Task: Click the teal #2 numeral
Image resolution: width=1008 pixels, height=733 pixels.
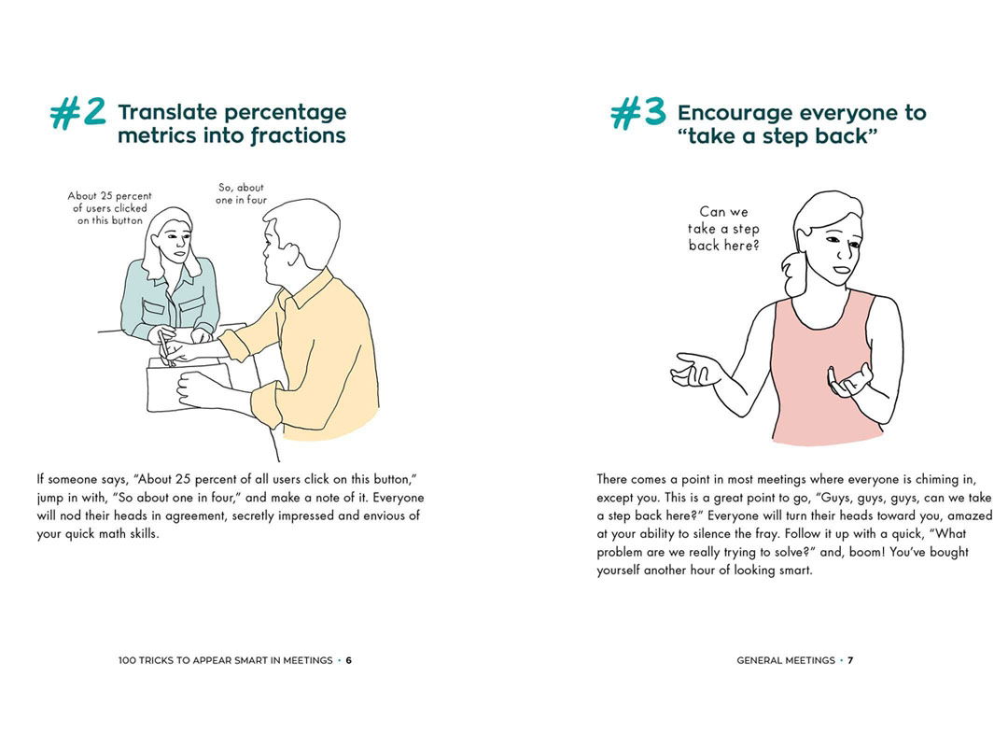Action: pos(77,114)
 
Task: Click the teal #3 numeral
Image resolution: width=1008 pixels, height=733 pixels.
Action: pos(637,114)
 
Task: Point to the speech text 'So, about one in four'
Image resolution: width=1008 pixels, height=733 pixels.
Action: pos(241,193)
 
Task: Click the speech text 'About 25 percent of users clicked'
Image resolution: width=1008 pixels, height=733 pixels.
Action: pos(110,202)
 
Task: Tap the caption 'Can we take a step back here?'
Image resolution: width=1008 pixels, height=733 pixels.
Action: pos(724,228)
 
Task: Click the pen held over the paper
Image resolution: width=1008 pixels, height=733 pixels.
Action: pos(164,348)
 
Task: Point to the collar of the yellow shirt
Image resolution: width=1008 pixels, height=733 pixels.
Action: pos(307,290)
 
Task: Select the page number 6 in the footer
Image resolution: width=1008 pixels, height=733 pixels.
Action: pos(348,660)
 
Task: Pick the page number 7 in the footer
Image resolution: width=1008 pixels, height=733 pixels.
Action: pos(850,660)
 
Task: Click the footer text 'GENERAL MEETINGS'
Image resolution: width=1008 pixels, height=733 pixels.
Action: pos(786,660)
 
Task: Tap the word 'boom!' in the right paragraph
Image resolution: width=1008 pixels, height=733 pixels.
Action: pos(867,553)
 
